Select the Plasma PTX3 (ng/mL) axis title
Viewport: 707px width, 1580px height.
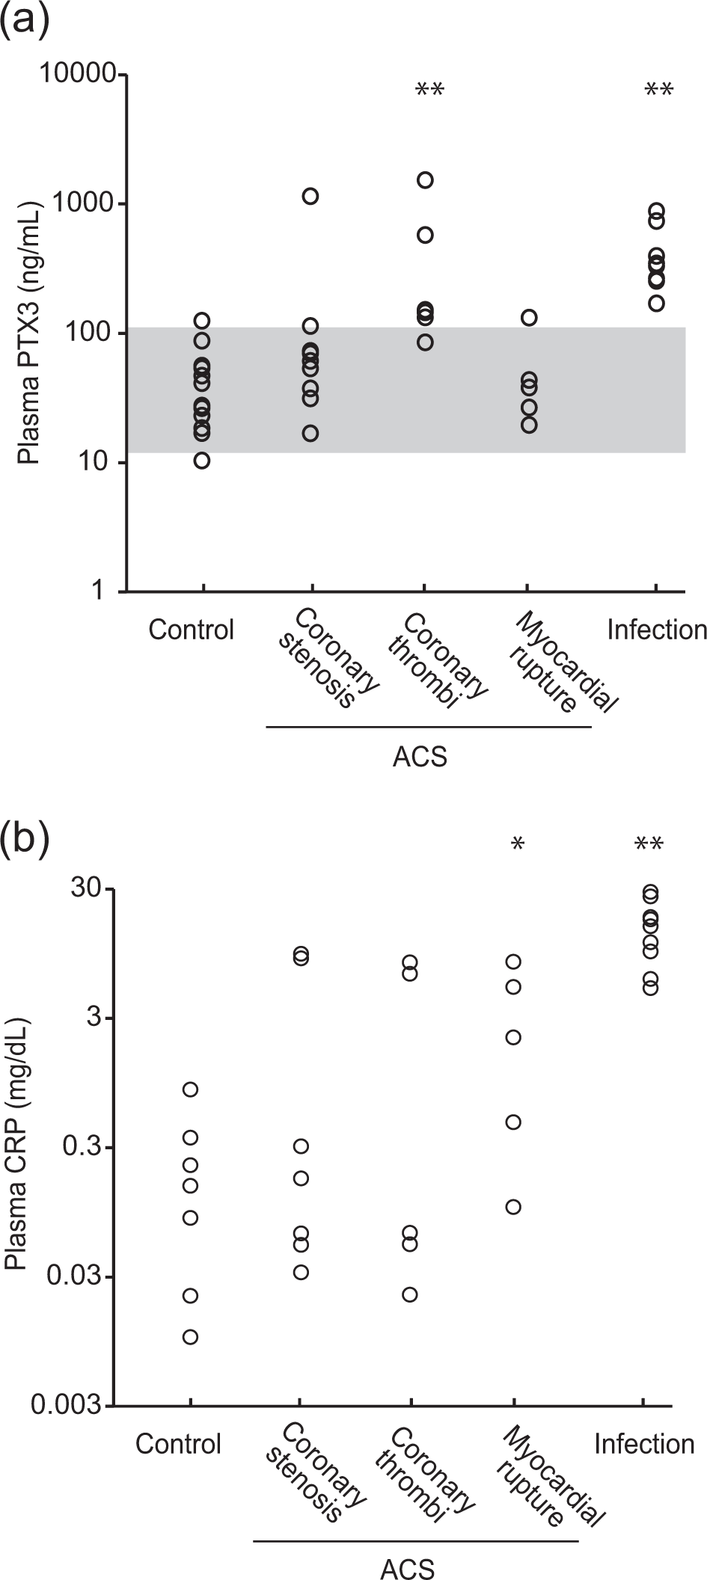[x=29, y=333]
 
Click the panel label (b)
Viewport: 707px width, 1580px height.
[x=25, y=838]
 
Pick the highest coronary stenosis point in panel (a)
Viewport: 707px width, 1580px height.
[x=310, y=197]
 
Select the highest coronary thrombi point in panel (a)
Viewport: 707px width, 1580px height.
[x=425, y=179]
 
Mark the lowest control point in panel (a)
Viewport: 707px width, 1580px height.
[x=202, y=461]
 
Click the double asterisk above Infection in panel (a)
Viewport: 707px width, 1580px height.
[x=659, y=91]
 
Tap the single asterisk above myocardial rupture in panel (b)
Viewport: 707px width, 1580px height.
[x=517, y=845]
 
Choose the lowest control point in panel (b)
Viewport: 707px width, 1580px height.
[x=191, y=1337]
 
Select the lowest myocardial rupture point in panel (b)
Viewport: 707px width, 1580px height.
[x=513, y=1207]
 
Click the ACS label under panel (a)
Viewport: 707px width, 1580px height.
[x=420, y=757]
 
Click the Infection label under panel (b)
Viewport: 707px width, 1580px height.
[x=644, y=1443]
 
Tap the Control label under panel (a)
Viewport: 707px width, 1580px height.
[x=192, y=630]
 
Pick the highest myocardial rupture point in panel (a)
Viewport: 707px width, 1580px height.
[x=529, y=318]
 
